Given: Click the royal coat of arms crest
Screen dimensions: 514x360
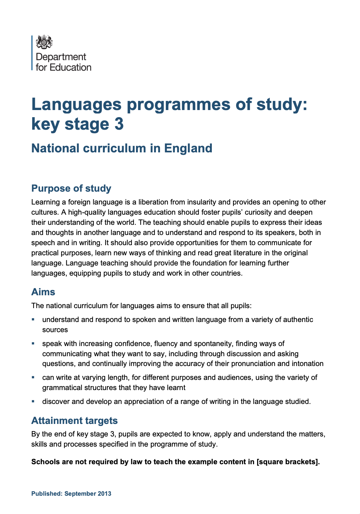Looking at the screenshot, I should pyautogui.click(x=44, y=42).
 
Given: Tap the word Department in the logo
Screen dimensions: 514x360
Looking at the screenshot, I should pyautogui.click(x=61, y=57).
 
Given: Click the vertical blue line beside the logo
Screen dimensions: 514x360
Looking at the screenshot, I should pyautogui.click(x=32, y=53).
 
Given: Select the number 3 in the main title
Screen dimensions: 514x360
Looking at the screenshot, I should pyautogui.click(x=119, y=124).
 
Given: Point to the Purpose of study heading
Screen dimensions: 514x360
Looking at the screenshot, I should pyautogui.click(x=71, y=188).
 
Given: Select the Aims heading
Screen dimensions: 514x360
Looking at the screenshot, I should pyautogui.click(x=43, y=292).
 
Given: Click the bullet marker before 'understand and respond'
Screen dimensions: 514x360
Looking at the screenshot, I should pyautogui.click(x=33, y=319).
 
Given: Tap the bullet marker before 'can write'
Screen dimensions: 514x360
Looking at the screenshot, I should pyautogui.click(x=33, y=377).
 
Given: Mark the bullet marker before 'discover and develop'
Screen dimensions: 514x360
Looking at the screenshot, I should pyautogui.click(x=33, y=401).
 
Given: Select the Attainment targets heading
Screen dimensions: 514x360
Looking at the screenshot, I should pyautogui.click(x=74, y=421).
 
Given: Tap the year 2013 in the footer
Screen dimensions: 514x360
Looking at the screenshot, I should pyautogui.click(x=105, y=494).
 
